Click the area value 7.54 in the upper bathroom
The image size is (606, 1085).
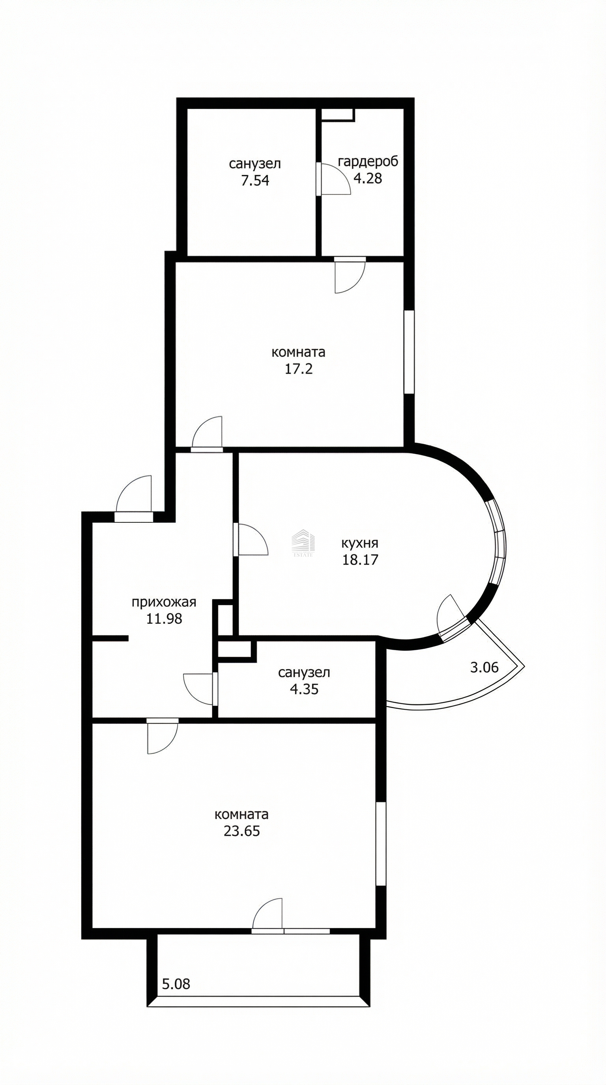pos(255,180)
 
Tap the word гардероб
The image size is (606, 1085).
pos(368,162)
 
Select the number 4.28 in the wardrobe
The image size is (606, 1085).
pos(368,178)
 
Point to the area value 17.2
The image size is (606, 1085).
pos(299,369)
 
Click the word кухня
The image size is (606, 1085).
pos(360,543)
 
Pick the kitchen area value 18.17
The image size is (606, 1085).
pos(360,560)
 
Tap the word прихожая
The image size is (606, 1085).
pos(164,602)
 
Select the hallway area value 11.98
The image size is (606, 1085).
pos(164,619)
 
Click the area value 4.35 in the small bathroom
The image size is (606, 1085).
pos(304,689)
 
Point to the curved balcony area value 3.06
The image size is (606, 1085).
pos(484,667)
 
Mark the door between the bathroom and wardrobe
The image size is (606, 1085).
pos(334,179)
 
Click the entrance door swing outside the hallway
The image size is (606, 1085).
pos(134,499)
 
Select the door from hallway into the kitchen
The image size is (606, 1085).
pos(251,540)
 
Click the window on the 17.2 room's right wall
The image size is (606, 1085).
pos(409,352)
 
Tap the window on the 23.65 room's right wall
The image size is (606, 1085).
pos(381,844)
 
